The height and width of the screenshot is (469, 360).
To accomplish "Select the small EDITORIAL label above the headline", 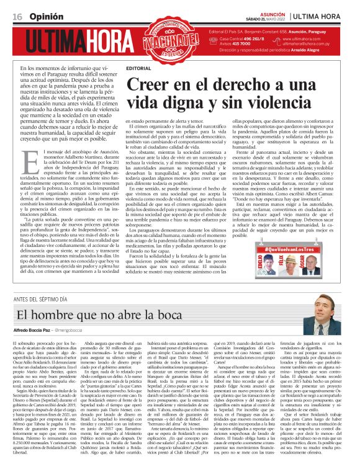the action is pyautogui.click(x=138, y=67).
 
